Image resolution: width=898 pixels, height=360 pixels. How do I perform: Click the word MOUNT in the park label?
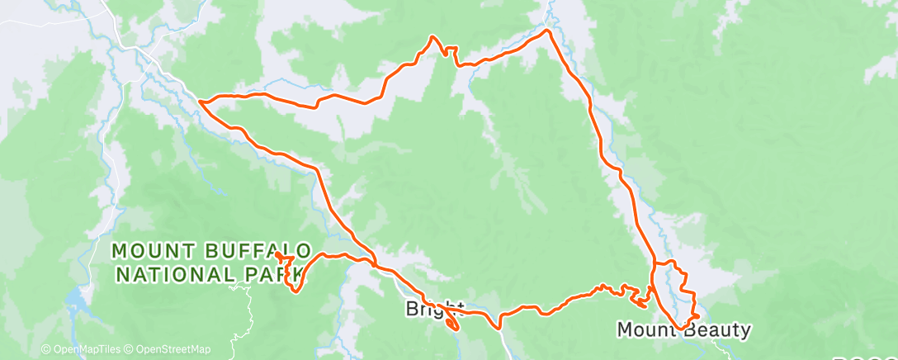(x=149, y=250)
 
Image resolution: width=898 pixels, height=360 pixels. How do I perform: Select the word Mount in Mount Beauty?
(x=647, y=331)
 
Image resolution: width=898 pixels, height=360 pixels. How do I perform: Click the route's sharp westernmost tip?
(x=201, y=102)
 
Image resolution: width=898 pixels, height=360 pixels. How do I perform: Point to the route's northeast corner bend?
(x=546, y=31)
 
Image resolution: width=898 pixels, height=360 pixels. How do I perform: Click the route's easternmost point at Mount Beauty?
(x=698, y=315)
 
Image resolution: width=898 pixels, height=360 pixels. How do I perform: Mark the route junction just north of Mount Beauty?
(x=654, y=264)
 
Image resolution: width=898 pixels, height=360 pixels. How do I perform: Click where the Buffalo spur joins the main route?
(x=376, y=265)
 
